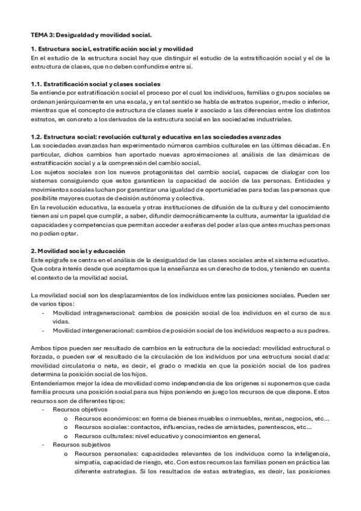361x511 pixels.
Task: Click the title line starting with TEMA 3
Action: (x=91, y=36)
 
